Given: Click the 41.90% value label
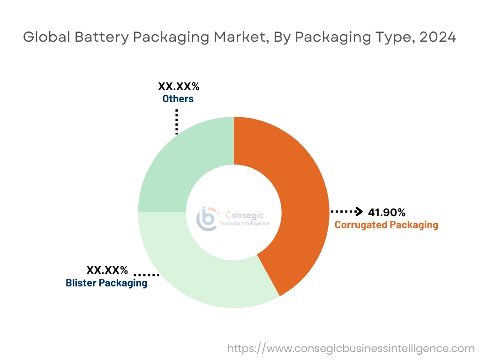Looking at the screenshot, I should tap(387, 212).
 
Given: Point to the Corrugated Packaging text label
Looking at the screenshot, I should tap(386, 225).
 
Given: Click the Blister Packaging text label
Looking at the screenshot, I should tap(106, 283).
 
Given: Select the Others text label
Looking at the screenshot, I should tap(178, 99).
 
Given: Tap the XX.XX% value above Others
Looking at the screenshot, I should tap(179, 87).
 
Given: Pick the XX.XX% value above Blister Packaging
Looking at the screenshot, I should tap(107, 270).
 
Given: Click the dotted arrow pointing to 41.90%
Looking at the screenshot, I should tap(347, 212).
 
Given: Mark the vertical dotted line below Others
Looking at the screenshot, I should tap(177, 121).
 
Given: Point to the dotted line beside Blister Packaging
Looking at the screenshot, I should tap(146, 275).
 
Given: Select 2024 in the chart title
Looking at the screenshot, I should tap(437, 37).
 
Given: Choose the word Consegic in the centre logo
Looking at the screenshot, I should tap(245, 215).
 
